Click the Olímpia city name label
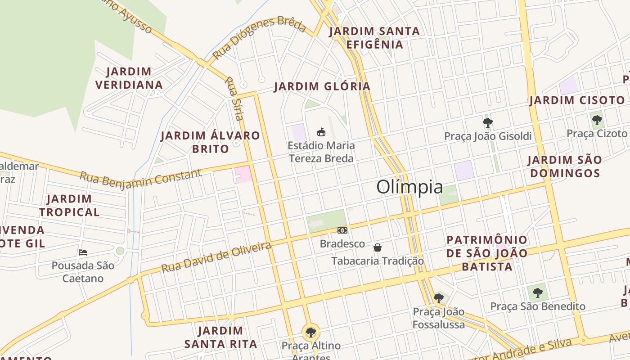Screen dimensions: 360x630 pyautogui.click(x=409, y=187)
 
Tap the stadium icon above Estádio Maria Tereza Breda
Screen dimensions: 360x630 pyautogui.click(x=321, y=132)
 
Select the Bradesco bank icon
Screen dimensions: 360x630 pyautogui.click(x=342, y=230)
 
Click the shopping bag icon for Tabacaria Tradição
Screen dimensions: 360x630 pyautogui.click(x=378, y=247)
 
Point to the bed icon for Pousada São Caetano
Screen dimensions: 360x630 pyautogui.click(x=83, y=252)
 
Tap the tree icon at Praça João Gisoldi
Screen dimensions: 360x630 pyautogui.click(x=487, y=122)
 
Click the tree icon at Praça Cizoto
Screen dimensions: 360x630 pyautogui.click(x=597, y=120)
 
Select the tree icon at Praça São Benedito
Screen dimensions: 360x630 pyautogui.click(x=537, y=293)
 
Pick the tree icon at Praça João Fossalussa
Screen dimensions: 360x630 pyautogui.click(x=439, y=298)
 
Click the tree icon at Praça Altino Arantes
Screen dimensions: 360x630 pyautogui.click(x=310, y=333)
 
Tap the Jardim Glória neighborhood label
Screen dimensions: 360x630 pyautogui.click(x=322, y=86)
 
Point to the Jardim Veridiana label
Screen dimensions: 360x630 pyautogui.click(x=129, y=78)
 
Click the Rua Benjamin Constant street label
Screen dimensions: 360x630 pyautogui.click(x=140, y=178)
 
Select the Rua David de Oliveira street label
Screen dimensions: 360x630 pyautogui.click(x=216, y=257)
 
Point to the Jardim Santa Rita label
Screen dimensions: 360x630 pyautogui.click(x=220, y=337)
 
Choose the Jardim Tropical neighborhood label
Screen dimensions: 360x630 pyautogui.click(x=69, y=206)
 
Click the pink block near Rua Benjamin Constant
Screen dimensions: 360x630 pyautogui.click(x=243, y=174)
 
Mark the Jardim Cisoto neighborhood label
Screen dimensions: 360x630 pyautogui.click(x=577, y=100)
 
